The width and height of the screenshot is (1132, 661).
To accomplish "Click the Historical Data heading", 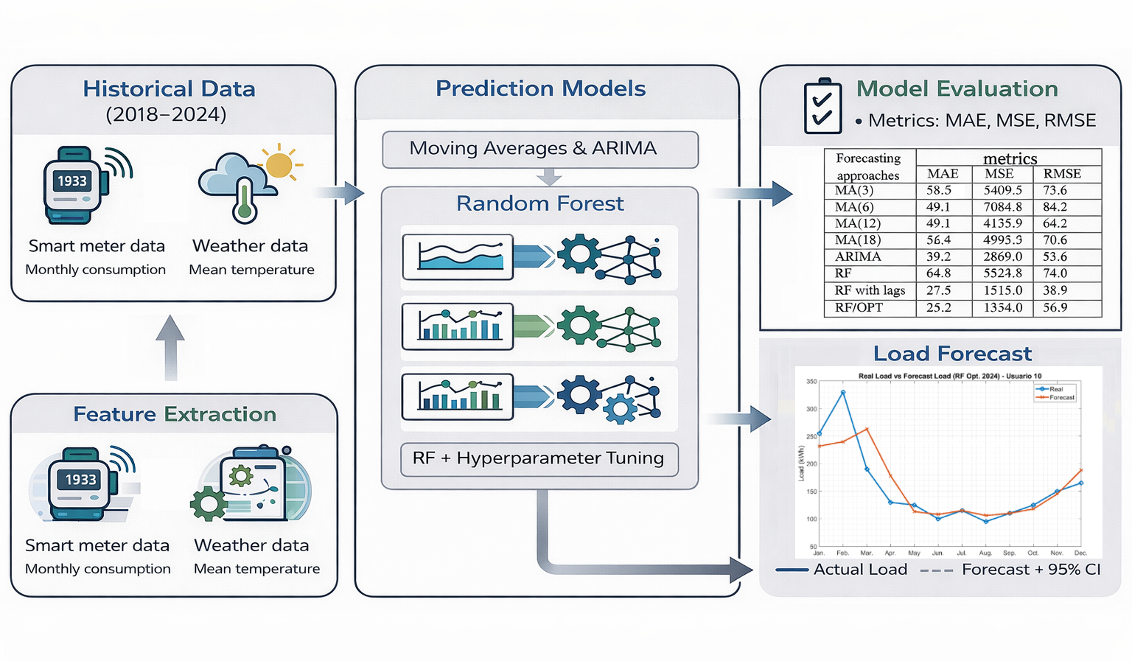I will pyautogui.click(x=169, y=89).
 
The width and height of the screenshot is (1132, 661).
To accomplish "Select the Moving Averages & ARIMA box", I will pyautogui.click(x=539, y=149).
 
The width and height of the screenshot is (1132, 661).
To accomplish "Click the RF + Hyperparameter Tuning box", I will pyautogui.click(x=539, y=458).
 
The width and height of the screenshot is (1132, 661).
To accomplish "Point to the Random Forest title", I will pyautogui.click(x=539, y=203).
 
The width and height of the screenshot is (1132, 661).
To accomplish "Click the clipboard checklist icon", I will pyautogui.click(x=822, y=107).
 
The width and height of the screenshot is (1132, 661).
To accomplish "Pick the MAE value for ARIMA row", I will pyautogui.click(x=938, y=256).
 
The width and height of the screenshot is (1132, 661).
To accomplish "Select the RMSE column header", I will pyautogui.click(x=1062, y=174).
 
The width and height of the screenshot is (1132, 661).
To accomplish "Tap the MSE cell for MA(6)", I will pyautogui.click(x=1002, y=207).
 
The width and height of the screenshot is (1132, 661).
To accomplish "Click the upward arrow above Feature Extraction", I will pyautogui.click(x=170, y=347).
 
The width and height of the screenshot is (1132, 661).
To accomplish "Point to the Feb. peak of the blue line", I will pyautogui.click(x=843, y=392).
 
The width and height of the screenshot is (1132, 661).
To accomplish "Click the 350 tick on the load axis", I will pyautogui.click(x=811, y=382).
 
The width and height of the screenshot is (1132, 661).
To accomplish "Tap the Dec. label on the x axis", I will pyautogui.click(x=1080, y=553).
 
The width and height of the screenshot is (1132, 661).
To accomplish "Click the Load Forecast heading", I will pyautogui.click(x=952, y=354).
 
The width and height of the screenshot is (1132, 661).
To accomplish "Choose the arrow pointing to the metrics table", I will pyautogui.click(x=752, y=194).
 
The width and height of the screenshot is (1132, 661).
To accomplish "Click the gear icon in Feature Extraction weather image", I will pyautogui.click(x=209, y=503).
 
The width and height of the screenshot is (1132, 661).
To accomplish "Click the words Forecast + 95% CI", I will pyautogui.click(x=1030, y=570).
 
